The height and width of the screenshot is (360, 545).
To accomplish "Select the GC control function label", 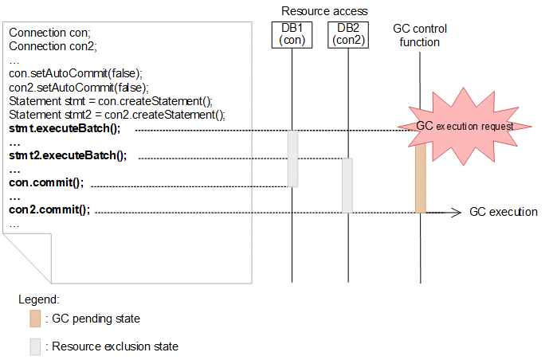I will [420, 35].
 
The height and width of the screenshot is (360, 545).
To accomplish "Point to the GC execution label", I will [503, 212].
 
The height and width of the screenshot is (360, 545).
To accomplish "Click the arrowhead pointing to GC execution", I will [457, 212].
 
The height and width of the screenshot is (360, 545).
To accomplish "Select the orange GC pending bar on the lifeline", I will [420, 179].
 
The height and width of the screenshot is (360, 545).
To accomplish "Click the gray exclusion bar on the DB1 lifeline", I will [292, 158].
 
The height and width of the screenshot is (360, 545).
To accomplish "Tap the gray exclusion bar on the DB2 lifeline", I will [347, 185].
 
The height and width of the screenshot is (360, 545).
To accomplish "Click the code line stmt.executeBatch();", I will [64, 127].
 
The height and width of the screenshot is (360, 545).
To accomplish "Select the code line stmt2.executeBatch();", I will [68, 155].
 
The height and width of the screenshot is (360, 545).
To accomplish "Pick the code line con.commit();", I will [46, 182].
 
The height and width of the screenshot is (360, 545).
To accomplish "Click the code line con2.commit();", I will [49, 210].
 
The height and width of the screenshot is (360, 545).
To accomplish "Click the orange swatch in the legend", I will [35, 319].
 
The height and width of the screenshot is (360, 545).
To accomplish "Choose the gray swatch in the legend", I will [35, 346].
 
